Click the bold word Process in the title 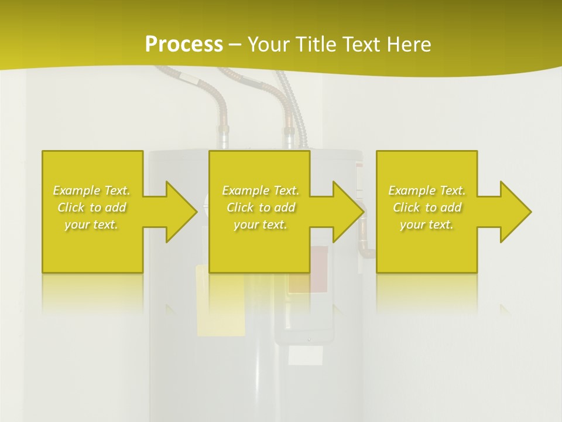click(x=184, y=45)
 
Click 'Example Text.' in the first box click(x=92, y=190)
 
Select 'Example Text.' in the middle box click(x=261, y=190)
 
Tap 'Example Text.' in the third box click(x=427, y=190)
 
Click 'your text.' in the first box click(x=92, y=224)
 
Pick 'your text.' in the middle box click(x=261, y=224)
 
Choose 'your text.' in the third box click(x=427, y=224)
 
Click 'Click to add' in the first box click(x=92, y=207)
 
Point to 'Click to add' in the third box click(x=427, y=207)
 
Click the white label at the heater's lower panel click(x=306, y=355)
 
